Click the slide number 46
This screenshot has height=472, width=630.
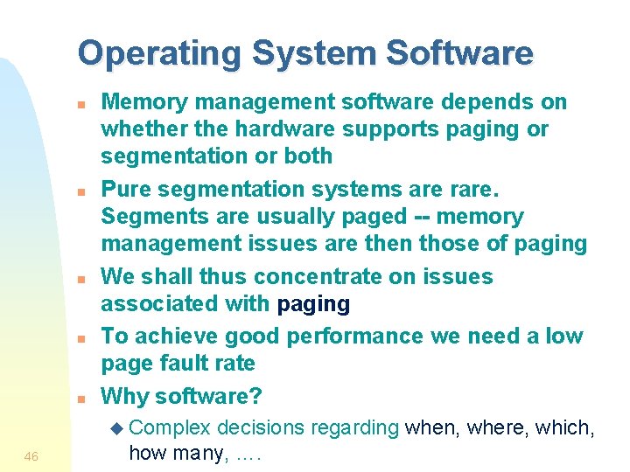[x=31, y=456]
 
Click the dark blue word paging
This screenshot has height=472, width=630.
[x=313, y=304]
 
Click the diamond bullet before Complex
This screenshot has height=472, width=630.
[x=120, y=428]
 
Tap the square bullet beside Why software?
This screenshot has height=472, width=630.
[x=80, y=399]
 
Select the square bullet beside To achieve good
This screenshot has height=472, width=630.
[x=80, y=338]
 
